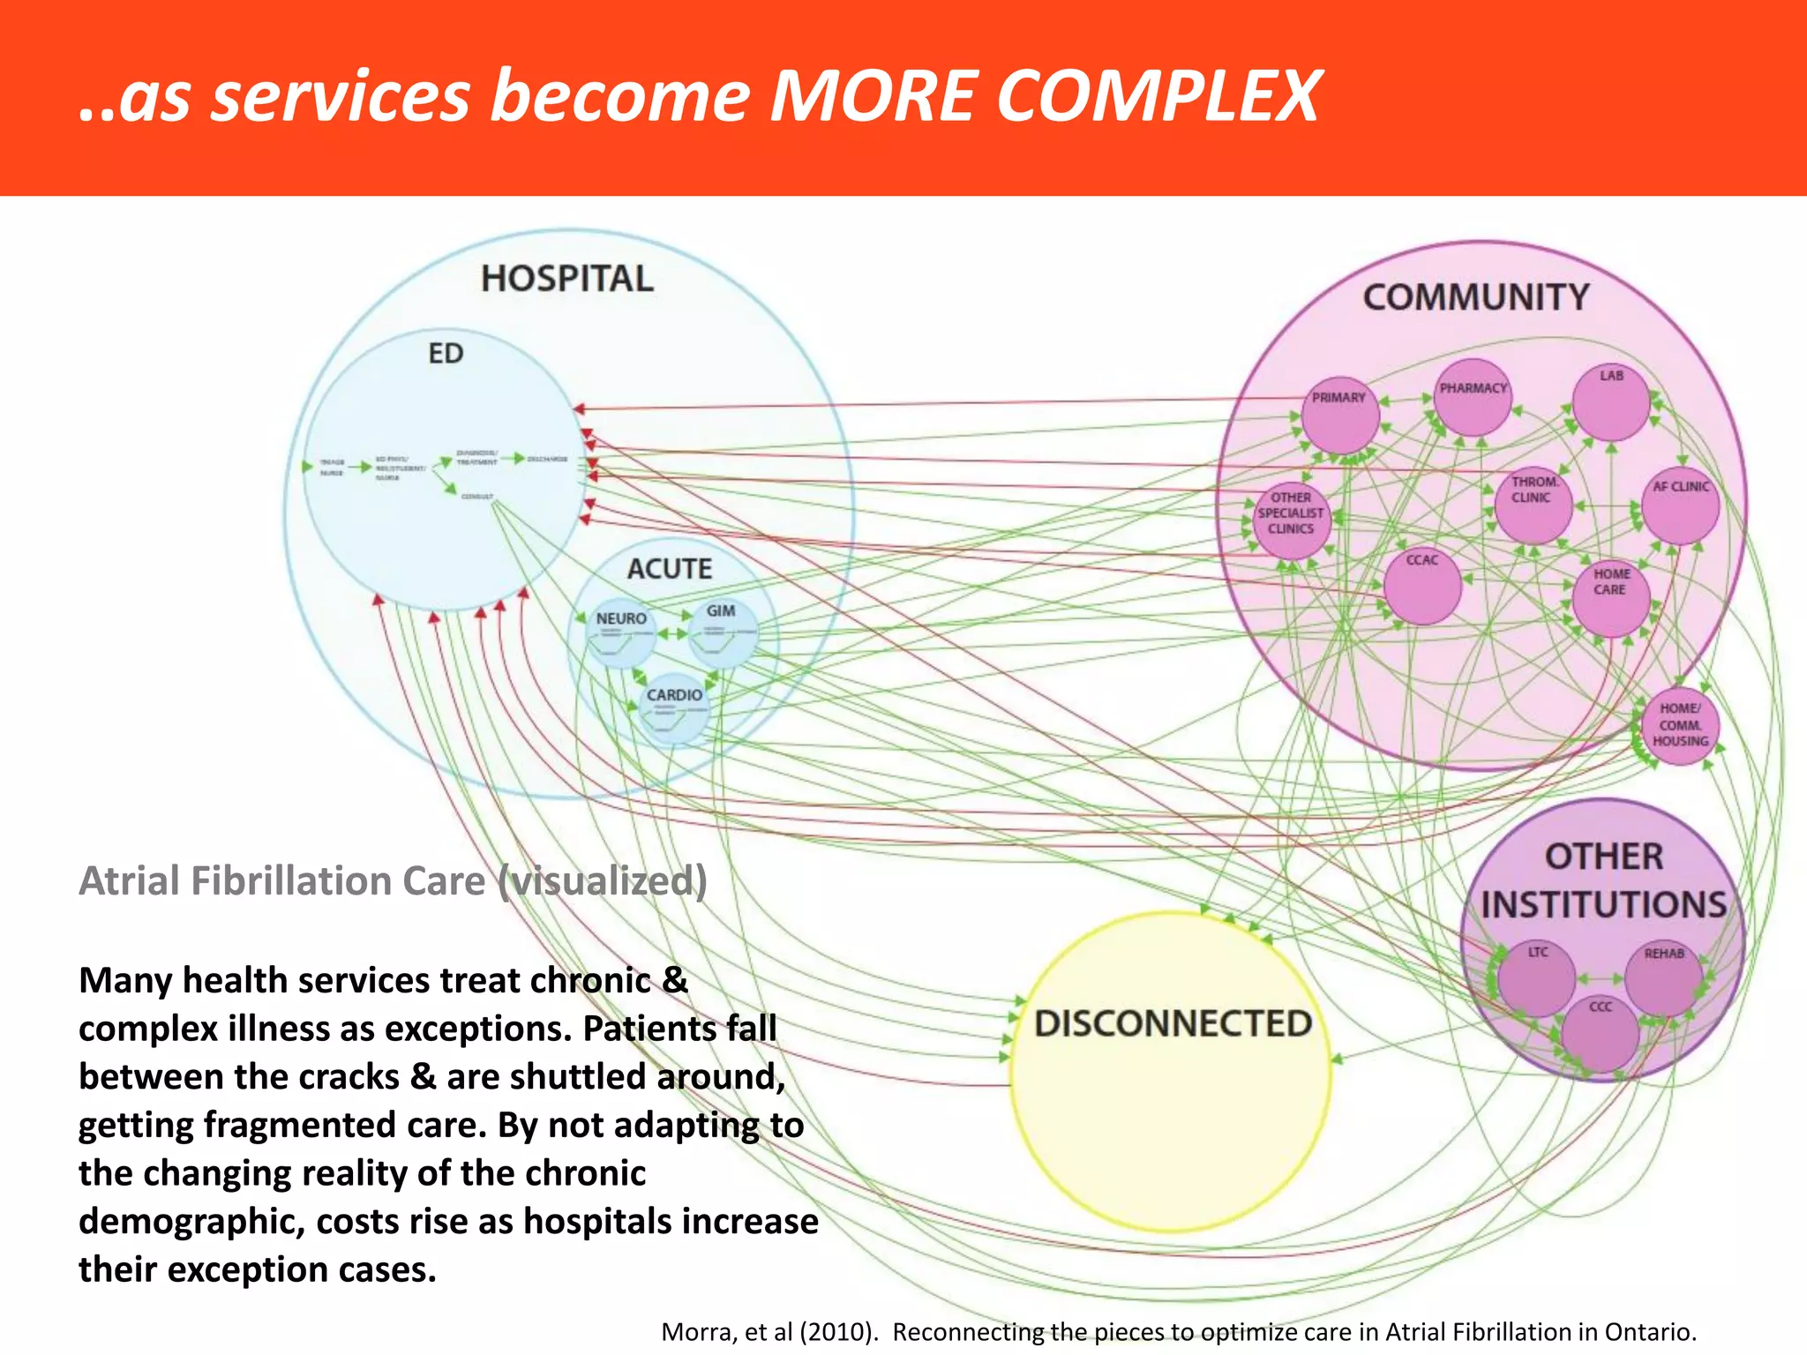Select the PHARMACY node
click(x=1473, y=398)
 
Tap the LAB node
click(x=1611, y=401)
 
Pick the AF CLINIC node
click(x=1680, y=505)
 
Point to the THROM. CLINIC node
click(x=1533, y=504)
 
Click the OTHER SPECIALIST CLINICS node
click(x=1291, y=520)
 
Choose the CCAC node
click(x=1421, y=584)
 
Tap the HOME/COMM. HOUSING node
click(x=1680, y=725)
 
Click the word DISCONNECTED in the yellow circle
click(x=1173, y=1024)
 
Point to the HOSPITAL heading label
click(x=567, y=279)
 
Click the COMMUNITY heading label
click(x=1476, y=297)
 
